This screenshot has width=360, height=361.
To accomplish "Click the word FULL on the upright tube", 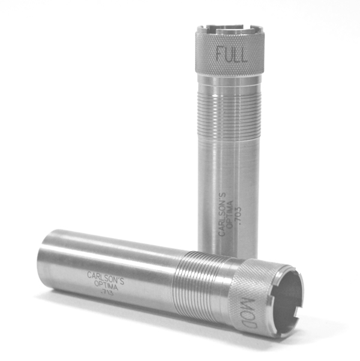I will click(x=230, y=55).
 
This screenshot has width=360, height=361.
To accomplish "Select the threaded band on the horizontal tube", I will click(x=195, y=279).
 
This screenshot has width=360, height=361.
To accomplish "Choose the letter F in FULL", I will click(x=220, y=55).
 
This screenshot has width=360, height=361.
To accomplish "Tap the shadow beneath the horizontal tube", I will click(x=150, y=321).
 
